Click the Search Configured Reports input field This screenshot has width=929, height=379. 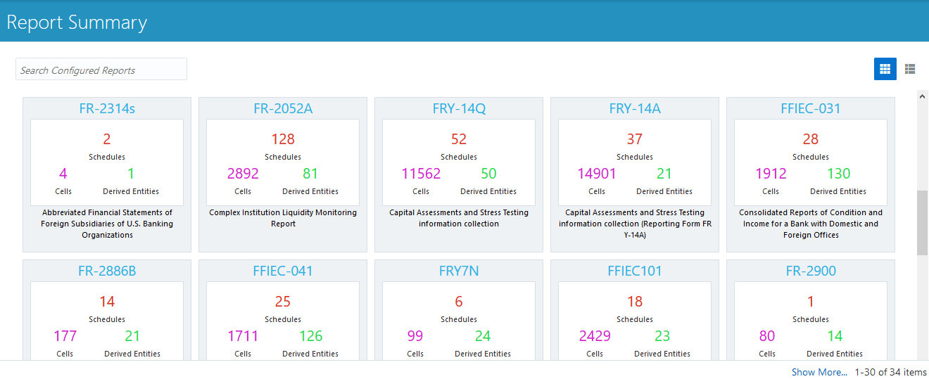point(101,70)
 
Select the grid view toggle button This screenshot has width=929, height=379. point(885,69)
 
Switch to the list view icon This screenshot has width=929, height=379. point(910,69)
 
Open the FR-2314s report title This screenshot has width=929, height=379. point(107,108)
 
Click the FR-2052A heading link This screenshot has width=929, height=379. point(283,108)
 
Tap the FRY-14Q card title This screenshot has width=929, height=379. point(459,108)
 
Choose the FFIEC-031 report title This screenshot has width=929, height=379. point(811,108)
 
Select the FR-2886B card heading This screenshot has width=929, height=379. point(107,271)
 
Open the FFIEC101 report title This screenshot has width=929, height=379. point(635,271)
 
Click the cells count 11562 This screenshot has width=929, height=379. point(421,174)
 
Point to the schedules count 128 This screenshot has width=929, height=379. point(283,139)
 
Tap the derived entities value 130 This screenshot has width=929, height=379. point(838,174)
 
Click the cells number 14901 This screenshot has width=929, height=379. point(597,174)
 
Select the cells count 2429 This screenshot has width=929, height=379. point(595,336)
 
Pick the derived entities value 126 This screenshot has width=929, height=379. point(310,336)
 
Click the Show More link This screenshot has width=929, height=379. point(819,372)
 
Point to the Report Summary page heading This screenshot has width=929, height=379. point(77,22)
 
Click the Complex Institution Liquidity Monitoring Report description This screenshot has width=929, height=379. point(283,218)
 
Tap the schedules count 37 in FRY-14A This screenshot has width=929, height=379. point(635,139)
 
